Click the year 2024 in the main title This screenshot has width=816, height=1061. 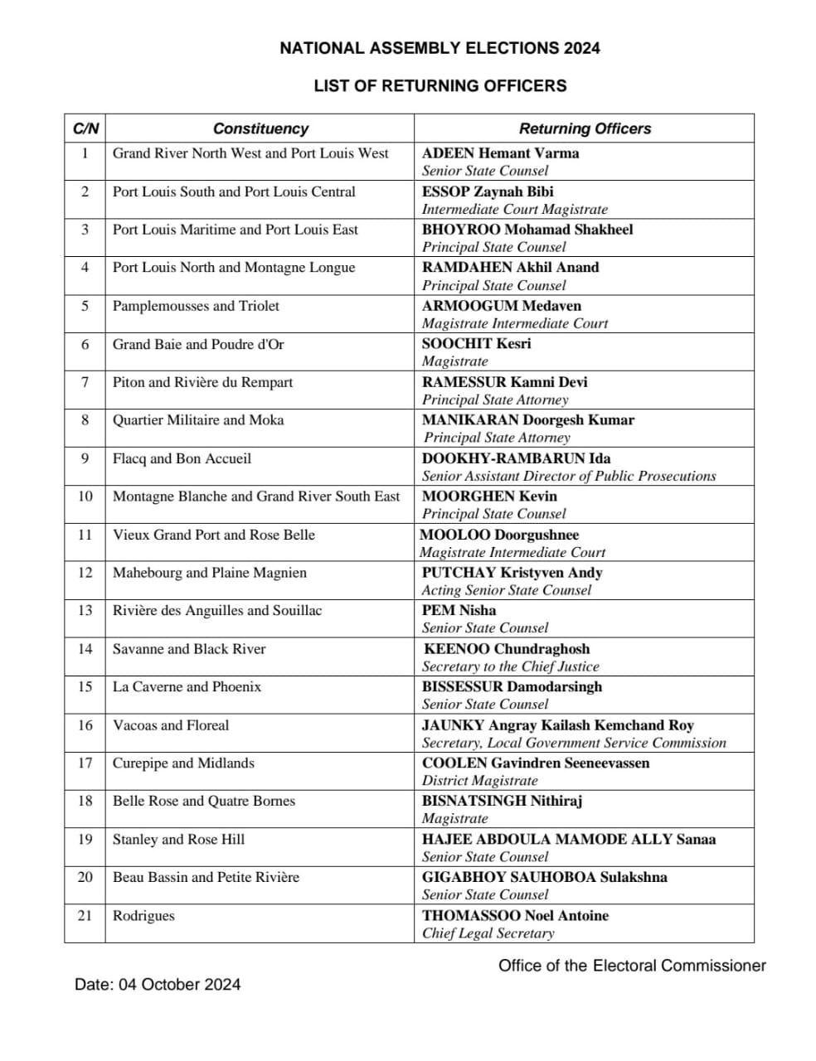582,48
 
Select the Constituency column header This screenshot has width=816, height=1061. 260,128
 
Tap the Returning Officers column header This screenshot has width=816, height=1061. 585,128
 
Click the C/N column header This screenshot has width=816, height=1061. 85,128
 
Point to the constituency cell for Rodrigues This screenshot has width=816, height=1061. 143,916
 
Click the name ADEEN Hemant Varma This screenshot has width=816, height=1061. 500,153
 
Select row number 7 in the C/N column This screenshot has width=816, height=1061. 85,382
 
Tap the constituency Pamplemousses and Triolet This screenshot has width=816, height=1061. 196,306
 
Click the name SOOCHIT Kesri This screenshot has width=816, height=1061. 476,344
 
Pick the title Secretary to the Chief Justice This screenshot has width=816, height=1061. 510,666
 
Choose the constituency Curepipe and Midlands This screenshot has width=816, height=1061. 183,763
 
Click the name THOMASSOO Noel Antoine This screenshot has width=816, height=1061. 515,916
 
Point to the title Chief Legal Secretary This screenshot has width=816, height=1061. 488,933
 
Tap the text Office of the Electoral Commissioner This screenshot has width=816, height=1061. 632,966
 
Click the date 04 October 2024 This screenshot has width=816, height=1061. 180,985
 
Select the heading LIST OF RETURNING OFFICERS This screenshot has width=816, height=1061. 440,85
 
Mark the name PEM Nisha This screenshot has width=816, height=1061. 459,611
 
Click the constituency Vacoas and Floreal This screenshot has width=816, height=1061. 171,725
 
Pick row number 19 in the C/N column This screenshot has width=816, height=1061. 85,840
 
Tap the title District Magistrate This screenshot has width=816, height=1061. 479,781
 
